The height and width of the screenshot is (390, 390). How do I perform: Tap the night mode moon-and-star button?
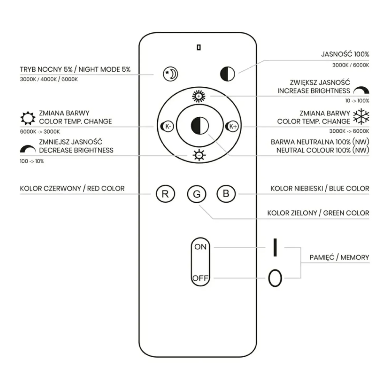point(170,74)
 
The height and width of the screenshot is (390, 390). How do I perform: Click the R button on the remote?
point(165,194)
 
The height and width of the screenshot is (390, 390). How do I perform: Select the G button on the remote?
point(197,194)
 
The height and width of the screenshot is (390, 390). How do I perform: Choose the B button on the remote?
point(226,194)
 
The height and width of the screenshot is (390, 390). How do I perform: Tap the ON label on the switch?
point(200,247)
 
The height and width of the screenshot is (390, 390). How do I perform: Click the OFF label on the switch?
point(200,278)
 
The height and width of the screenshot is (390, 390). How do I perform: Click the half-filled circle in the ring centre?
point(200,125)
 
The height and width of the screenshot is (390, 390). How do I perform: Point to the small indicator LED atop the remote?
point(199,47)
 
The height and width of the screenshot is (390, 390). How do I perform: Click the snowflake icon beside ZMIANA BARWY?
point(361,116)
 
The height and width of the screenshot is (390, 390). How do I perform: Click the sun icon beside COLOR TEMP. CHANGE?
point(28,118)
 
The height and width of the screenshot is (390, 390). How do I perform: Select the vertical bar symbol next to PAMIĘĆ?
point(275,247)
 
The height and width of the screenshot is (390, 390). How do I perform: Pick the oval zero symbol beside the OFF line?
point(275,278)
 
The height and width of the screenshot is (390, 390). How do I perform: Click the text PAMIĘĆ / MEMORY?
point(339,257)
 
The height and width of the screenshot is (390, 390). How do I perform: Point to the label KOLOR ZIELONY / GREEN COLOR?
point(318,213)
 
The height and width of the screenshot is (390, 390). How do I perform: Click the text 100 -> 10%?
point(32,161)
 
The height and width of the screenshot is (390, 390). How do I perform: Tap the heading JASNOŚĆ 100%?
point(345,54)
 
